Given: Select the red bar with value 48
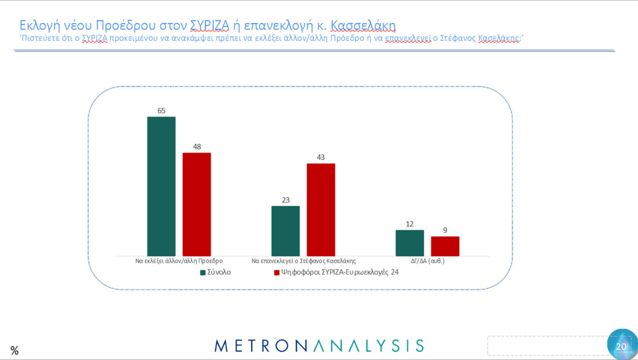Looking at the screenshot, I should (197, 204).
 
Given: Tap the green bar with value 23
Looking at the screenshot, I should (286, 231).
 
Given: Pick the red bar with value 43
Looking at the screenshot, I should (321, 210).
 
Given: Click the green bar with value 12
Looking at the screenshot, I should (410, 243).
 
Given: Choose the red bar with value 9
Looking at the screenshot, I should (445, 246).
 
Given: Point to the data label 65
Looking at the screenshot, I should (161, 111).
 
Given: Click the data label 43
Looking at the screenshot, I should (321, 157).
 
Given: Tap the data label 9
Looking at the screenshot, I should (445, 230).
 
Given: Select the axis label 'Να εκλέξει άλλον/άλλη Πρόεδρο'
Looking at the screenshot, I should (179, 261).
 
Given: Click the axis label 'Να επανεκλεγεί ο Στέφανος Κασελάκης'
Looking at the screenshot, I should (304, 261).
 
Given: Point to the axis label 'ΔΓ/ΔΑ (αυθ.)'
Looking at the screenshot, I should (427, 261).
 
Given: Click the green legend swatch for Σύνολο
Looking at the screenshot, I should (203, 272).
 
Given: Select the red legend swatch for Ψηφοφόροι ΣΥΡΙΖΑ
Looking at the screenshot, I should (276, 272).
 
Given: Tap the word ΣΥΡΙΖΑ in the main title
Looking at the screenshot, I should (210, 25).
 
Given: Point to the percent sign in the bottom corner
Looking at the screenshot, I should (15, 350).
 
